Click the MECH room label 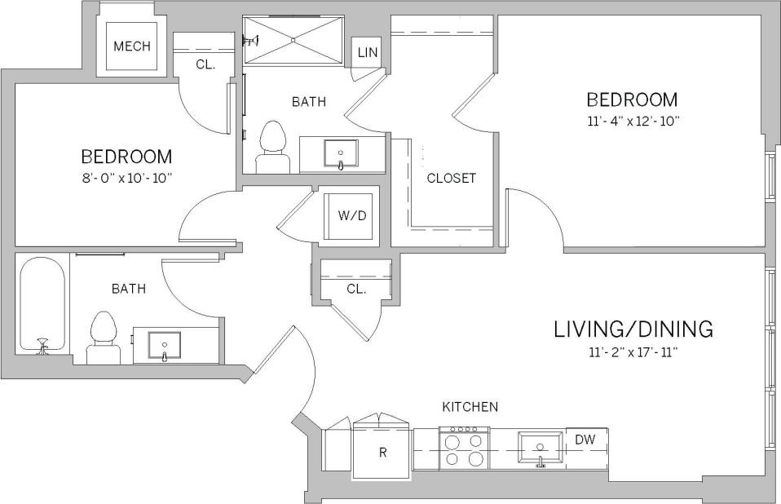tap(131, 46)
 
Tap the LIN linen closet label tap(368, 53)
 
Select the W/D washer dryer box tap(348, 216)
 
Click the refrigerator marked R tap(382, 452)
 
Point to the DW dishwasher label tap(585, 440)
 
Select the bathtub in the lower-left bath tap(42, 304)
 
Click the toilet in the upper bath tap(272, 148)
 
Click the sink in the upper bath tap(341, 153)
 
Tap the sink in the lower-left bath tap(165, 346)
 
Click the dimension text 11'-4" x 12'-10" tap(632, 122)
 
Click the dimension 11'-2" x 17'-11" tap(633, 352)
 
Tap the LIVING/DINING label tap(633, 329)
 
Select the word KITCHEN tap(470, 406)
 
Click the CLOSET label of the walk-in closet tap(451, 178)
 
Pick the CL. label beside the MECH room tap(205, 64)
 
